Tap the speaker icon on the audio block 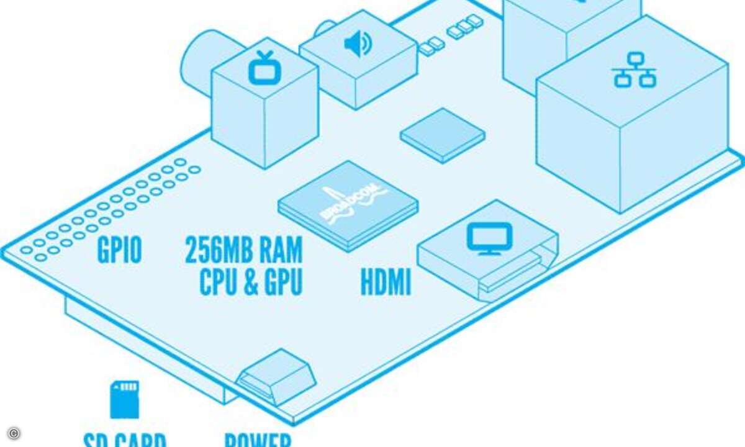(x=358, y=45)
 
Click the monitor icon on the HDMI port (x=490, y=238)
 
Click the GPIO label (x=120, y=251)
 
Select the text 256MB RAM (x=243, y=251)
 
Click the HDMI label (x=386, y=283)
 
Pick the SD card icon (x=124, y=400)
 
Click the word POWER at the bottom (x=256, y=440)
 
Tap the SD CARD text (x=124, y=440)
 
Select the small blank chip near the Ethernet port (x=443, y=134)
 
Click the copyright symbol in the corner (x=14, y=433)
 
